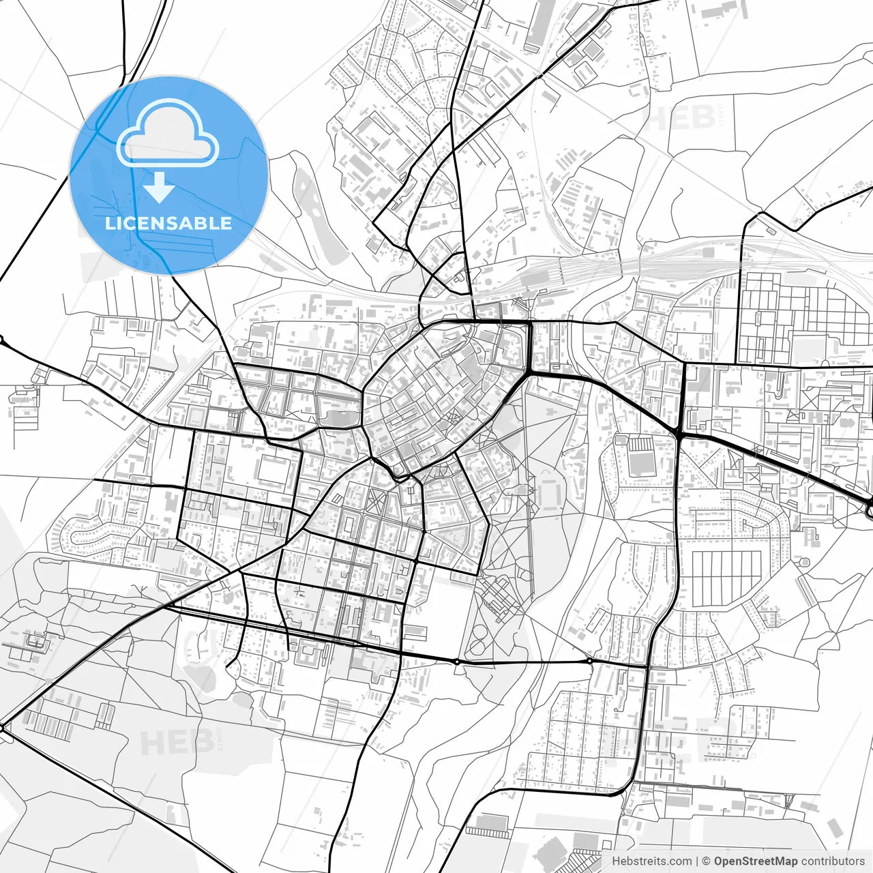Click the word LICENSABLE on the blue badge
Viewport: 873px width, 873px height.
coord(168,223)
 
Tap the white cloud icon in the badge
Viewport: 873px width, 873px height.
coord(168,133)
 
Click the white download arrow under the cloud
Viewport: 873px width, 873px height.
coord(159,187)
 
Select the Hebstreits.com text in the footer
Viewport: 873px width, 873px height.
coord(651,861)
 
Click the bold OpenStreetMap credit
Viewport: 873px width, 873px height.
coord(755,861)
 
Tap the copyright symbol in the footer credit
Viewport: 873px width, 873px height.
coord(707,861)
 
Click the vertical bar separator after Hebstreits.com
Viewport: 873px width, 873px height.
coord(696,861)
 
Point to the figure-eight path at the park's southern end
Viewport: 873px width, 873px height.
coord(477,641)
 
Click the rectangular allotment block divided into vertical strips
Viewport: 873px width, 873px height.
coord(726,576)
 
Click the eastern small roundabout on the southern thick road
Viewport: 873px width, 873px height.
coord(589,661)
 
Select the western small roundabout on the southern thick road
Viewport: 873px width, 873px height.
coord(456,661)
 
